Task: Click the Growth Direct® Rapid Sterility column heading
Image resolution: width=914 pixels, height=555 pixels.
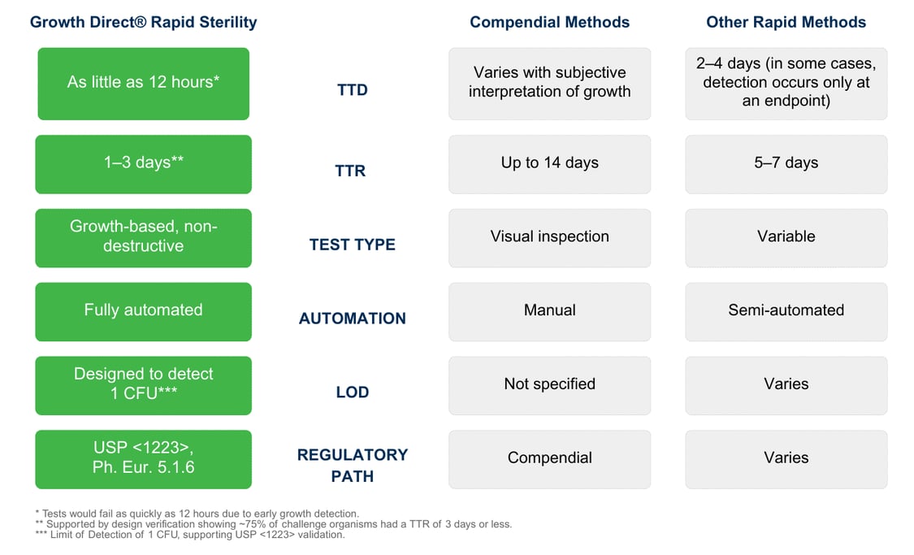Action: click(143, 22)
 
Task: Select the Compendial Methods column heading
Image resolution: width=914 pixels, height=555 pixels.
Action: click(549, 22)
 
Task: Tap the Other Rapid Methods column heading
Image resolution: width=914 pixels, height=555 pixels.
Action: click(786, 22)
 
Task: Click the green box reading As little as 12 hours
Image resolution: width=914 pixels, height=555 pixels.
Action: click(143, 83)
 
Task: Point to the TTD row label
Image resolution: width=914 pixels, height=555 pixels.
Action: click(352, 90)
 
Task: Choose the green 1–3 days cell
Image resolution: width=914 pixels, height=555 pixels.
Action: click(143, 163)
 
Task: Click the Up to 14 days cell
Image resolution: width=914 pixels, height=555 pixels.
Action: click(549, 163)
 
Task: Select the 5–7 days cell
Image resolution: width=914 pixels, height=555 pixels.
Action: click(786, 163)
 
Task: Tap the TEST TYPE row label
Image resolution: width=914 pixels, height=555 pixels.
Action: click(352, 245)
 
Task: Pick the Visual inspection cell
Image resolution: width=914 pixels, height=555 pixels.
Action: click(549, 237)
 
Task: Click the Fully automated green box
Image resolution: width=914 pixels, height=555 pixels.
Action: click(143, 311)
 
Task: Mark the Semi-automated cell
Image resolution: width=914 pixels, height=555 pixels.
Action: click(786, 311)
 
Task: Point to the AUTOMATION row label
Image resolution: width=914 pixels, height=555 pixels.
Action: click(352, 319)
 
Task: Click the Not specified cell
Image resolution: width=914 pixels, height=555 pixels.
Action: click(549, 384)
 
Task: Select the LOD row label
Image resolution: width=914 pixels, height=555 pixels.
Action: click(352, 392)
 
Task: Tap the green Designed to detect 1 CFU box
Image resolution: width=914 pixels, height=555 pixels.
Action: click(143, 384)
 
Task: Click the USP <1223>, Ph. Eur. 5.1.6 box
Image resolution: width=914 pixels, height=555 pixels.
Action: click(143, 458)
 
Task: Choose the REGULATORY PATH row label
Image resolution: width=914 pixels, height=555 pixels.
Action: click(352, 465)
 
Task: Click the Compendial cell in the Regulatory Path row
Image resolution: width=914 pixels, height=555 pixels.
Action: click(549, 458)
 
